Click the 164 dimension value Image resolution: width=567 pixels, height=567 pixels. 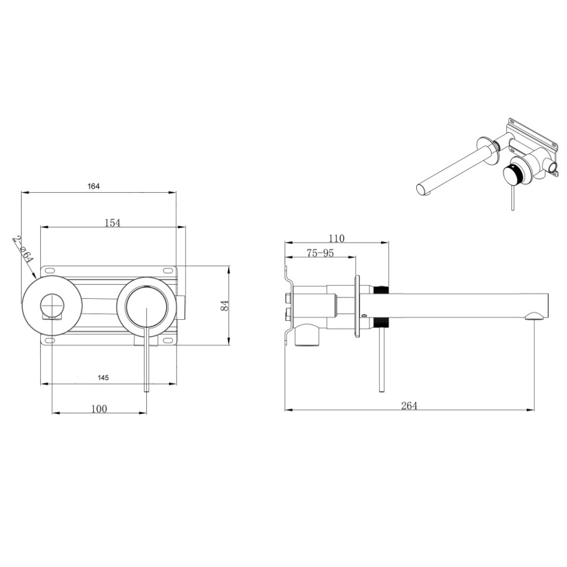pyautogui.click(x=94, y=186)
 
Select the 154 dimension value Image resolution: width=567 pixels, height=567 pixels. pyautogui.click(x=112, y=223)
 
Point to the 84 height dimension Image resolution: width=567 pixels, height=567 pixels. pyautogui.click(x=224, y=306)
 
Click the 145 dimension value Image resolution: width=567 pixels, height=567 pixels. pyautogui.click(x=103, y=378)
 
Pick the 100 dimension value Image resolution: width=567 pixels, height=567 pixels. pyautogui.click(x=99, y=409)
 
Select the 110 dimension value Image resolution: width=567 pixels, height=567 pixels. pyautogui.click(x=337, y=238)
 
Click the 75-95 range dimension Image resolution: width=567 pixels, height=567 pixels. pyautogui.click(x=320, y=253)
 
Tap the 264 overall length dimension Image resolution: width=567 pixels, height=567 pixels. pyautogui.click(x=409, y=406)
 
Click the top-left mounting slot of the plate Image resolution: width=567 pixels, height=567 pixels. pyautogui.click(x=50, y=270)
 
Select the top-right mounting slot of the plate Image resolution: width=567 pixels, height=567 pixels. pyautogui.click(x=168, y=270)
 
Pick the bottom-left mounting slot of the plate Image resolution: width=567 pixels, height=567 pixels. pyautogui.click(x=50, y=340)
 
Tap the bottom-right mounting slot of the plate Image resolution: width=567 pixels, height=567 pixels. pyautogui.click(x=168, y=340)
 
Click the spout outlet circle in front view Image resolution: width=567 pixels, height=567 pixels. pyautogui.click(x=53, y=305)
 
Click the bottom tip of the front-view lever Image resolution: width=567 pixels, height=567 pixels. pyautogui.click(x=147, y=391)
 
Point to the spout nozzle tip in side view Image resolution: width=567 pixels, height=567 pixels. pyautogui.click(x=534, y=317)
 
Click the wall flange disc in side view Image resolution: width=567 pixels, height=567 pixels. pyautogui.click(x=357, y=306)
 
